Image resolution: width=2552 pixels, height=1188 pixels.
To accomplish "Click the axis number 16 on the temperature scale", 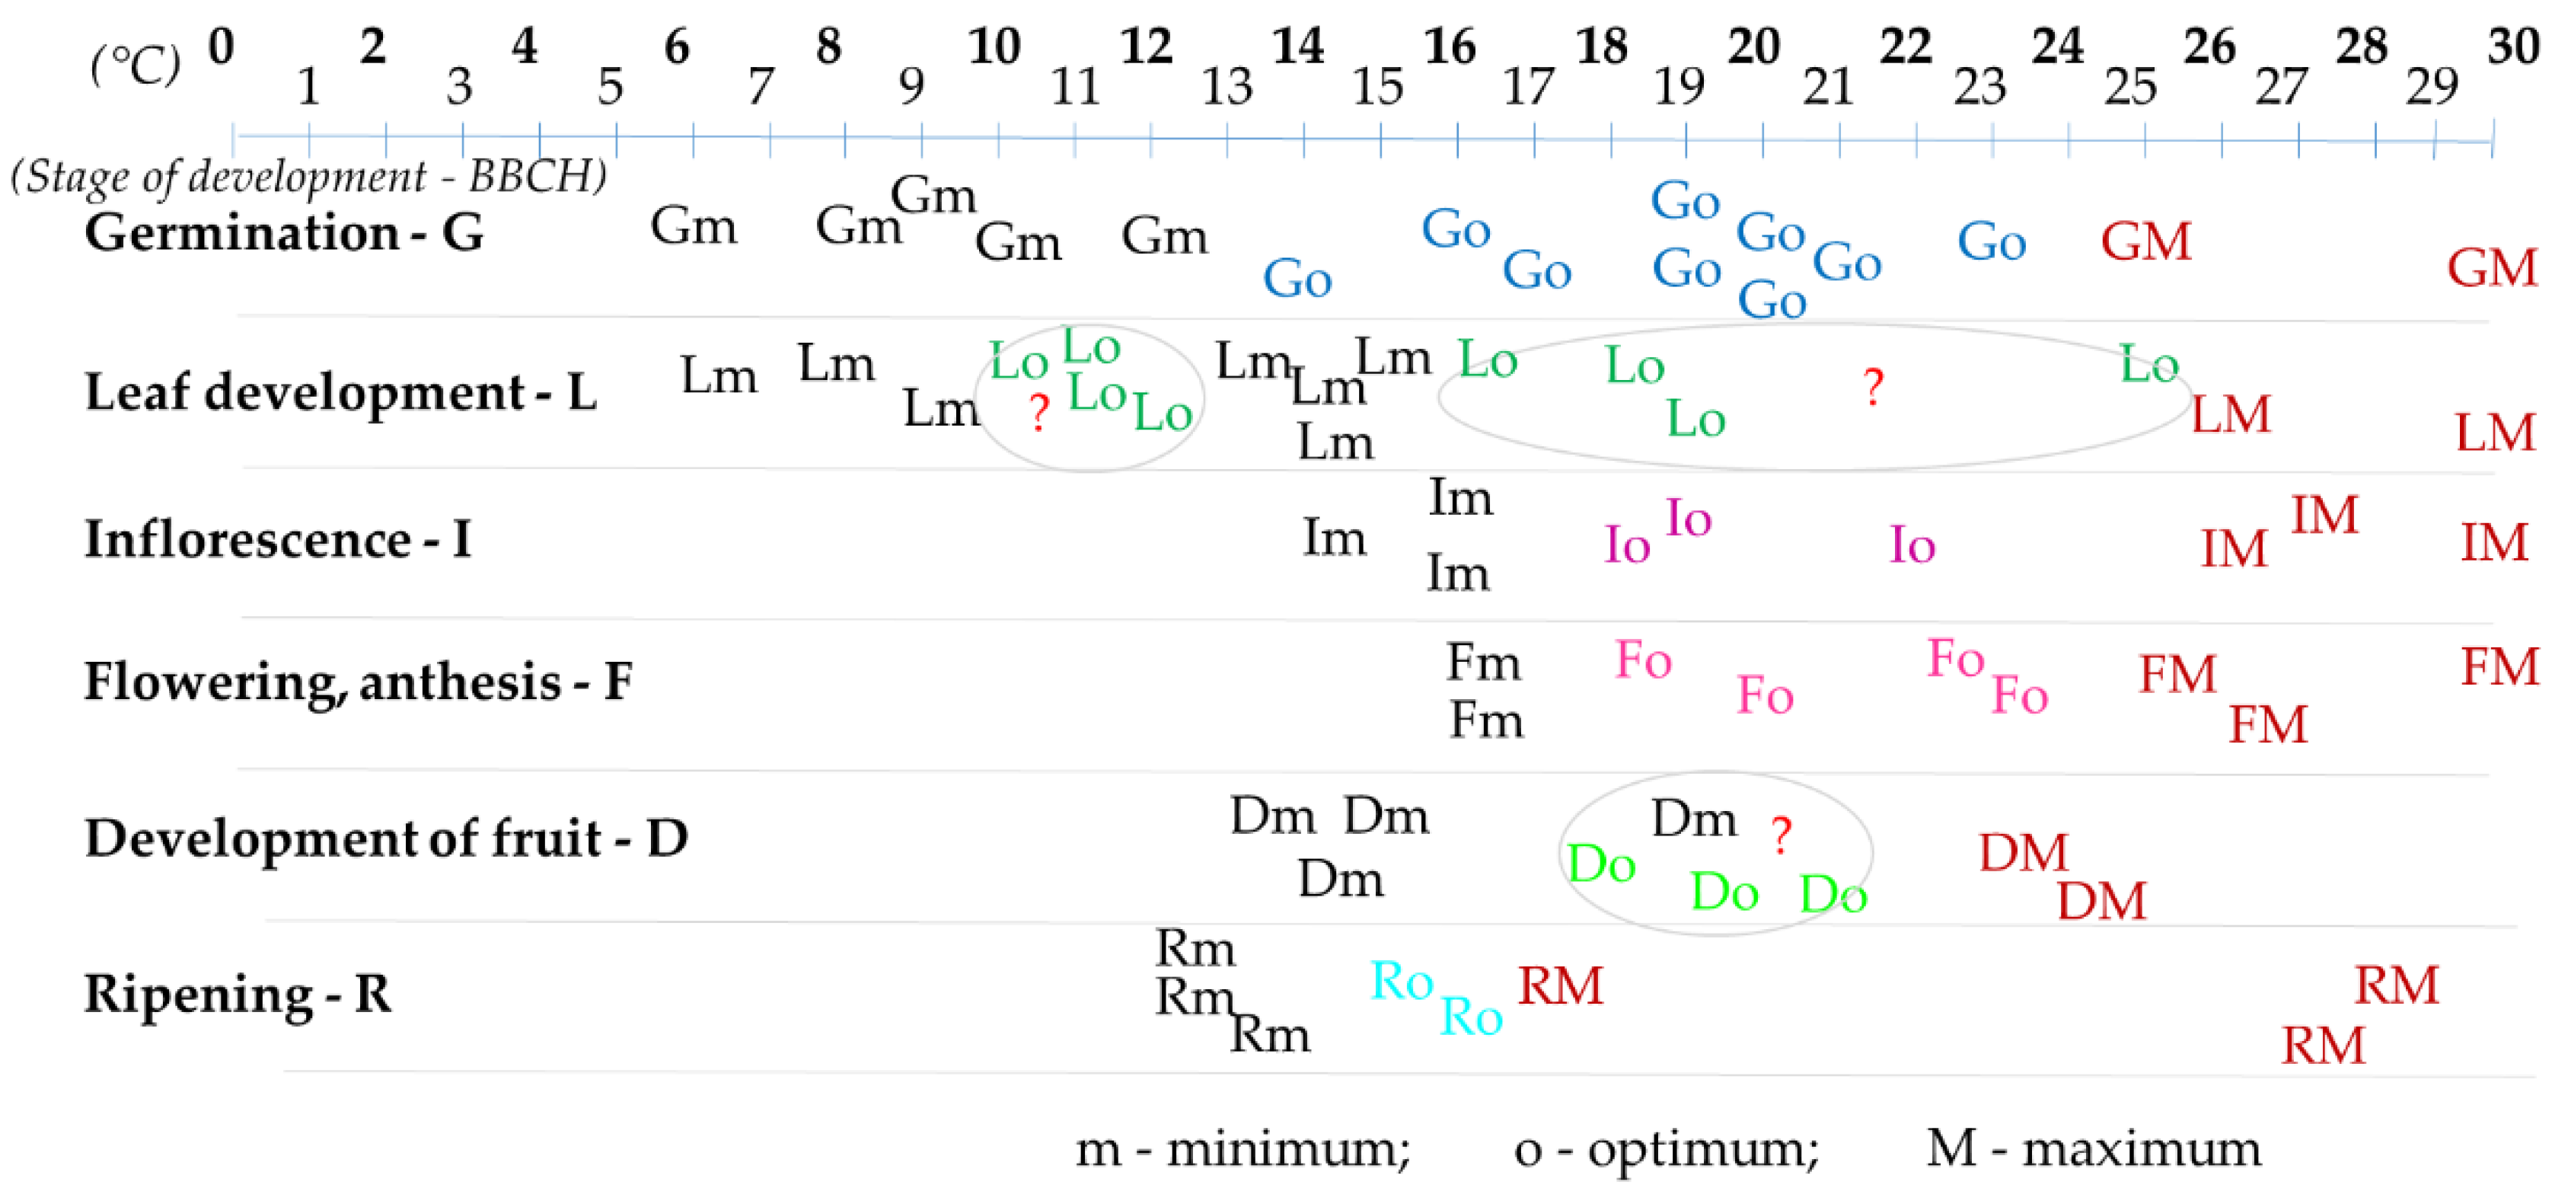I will click(1450, 46).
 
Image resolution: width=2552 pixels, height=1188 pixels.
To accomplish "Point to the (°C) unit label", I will click(136, 66).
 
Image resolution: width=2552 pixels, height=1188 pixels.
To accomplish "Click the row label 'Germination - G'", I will click(284, 233).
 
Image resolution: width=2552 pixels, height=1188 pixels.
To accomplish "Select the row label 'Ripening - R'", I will click(238, 994).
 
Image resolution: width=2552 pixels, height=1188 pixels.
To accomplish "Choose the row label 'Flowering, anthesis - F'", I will click(358, 682).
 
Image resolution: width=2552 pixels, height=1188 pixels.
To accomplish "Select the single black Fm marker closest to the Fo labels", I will click(1483, 662).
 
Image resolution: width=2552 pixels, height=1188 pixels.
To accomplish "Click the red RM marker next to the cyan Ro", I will click(1559, 986).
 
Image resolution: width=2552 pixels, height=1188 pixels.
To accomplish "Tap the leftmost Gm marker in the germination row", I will click(694, 227).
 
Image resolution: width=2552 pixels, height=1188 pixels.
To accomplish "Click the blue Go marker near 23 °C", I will click(1991, 241).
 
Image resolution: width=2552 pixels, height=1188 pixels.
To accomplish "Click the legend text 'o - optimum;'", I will click(1665, 1149).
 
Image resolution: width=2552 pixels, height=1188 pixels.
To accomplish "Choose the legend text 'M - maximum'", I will click(2092, 1149).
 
